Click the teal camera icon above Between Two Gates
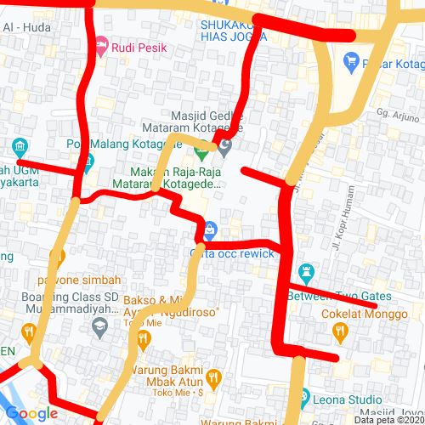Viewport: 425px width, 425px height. [x=307, y=273]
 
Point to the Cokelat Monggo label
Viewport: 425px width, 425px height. [x=360, y=314]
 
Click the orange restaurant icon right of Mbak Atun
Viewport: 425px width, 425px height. [x=214, y=376]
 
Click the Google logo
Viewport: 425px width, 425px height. [x=31, y=414]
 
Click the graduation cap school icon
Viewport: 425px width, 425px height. [x=99, y=326]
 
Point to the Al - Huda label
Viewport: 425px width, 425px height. [x=27, y=27]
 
